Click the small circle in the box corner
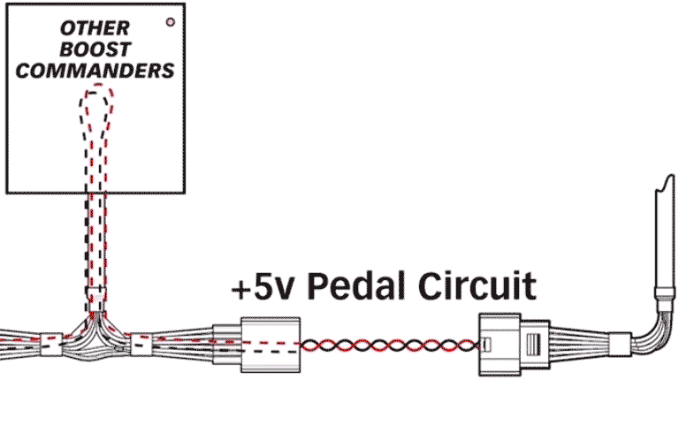point(171,20)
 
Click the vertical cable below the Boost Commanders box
point(96,239)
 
